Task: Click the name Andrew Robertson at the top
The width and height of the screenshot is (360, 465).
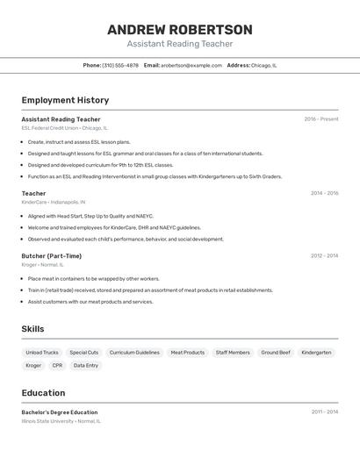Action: [x=179, y=29]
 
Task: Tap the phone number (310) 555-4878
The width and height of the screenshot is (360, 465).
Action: [x=120, y=65]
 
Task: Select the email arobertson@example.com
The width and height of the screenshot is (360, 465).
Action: [x=191, y=65]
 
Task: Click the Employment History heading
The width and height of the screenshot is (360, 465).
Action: [x=65, y=100]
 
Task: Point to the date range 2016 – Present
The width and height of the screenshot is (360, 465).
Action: [x=321, y=119]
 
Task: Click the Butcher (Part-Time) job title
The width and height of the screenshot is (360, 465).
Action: [x=52, y=256]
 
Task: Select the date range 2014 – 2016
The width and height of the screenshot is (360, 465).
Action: [x=324, y=193]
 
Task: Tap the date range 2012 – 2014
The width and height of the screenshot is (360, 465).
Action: [x=324, y=256]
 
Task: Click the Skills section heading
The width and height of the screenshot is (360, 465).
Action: [x=33, y=329]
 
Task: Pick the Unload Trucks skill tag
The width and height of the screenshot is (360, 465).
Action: [x=42, y=353]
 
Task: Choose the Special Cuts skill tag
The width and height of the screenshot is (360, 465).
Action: [x=84, y=353]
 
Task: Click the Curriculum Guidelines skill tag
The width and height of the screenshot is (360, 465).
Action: [x=134, y=353]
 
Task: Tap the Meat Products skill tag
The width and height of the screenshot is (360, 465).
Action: [x=187, y=353]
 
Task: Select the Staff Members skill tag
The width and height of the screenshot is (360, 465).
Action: [x=233, y=353]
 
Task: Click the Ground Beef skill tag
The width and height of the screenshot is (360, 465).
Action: [x=276, y=353]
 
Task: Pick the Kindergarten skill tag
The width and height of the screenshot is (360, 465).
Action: [x=316, y=353]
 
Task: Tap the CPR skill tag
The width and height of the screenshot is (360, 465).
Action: [x=57, y=365]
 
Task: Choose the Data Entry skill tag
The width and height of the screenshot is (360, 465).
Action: [x=85, y=365]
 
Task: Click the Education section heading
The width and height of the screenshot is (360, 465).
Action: [x=43, y=393]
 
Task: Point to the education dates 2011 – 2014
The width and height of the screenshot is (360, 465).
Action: [x=324, y=411]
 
